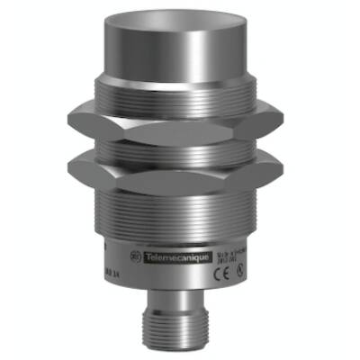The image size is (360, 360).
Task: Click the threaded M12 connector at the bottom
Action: pyautogui.click(x=180, y=333)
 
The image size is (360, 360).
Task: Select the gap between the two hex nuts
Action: pyautogui.click(x=180, y=146)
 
